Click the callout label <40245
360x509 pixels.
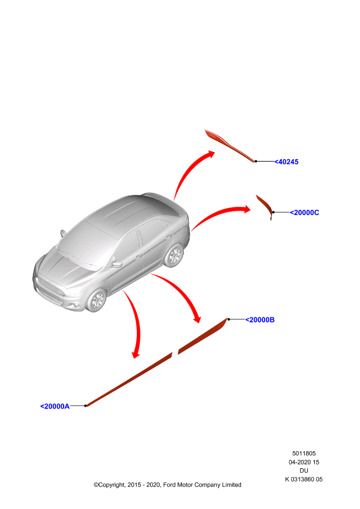click(x=286, y=162)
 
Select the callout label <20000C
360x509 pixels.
click(x=304, y=213)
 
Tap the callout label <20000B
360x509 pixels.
click(x=260, y=320)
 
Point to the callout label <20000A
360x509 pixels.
click(x=55, y=407)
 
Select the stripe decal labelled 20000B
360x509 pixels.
click(x=203, y=337)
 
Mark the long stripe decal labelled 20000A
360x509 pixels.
click(x=129, y=379)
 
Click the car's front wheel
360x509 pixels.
click(x=97, y=300)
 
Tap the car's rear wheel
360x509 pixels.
click(x=174, y=256)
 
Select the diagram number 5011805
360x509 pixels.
click(x=304, y=454)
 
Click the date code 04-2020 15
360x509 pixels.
click(x=304, y=463)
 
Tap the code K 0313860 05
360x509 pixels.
click(x=304, y=480)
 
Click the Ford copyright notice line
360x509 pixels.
click(x=167, y=485)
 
